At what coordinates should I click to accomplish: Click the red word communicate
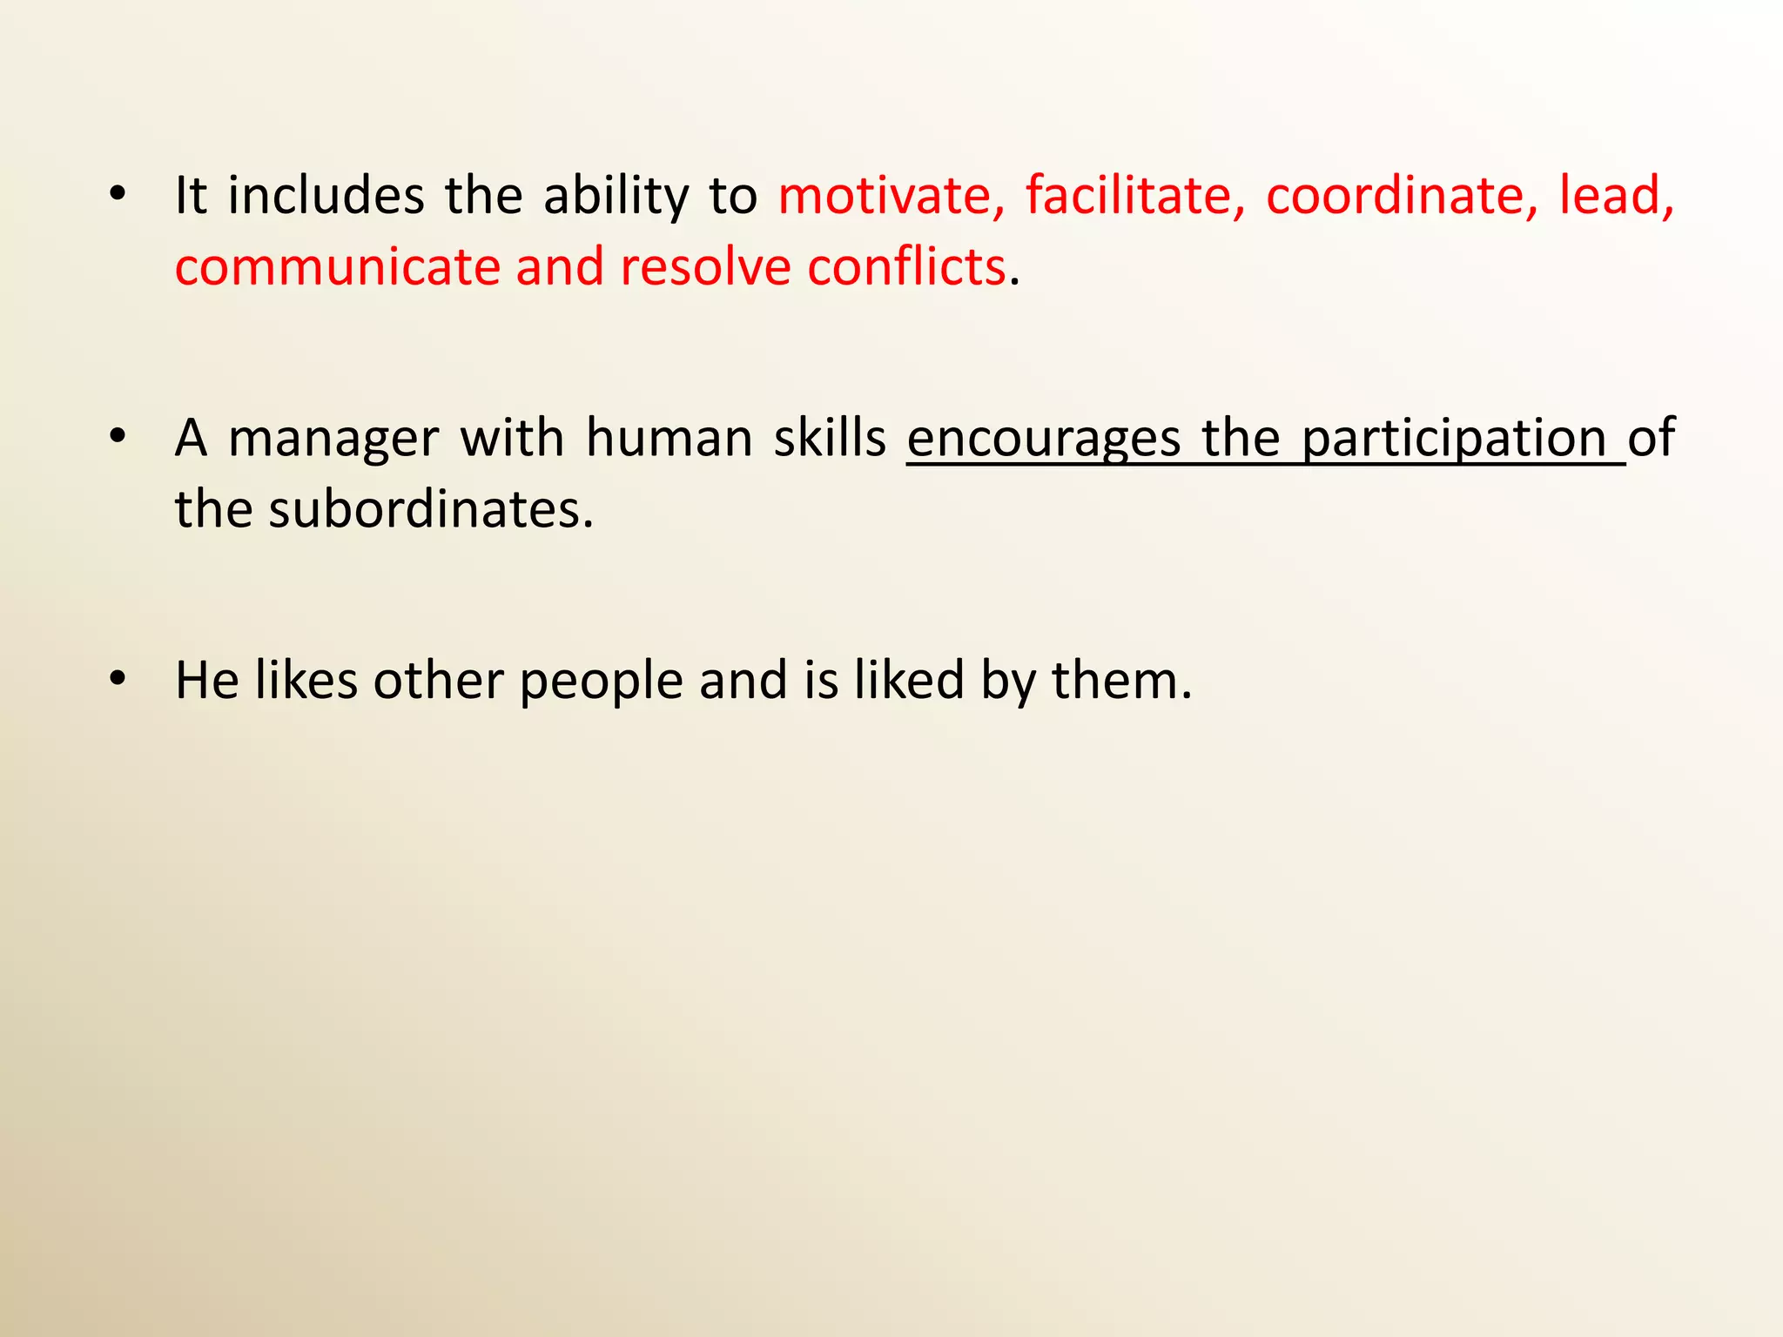[x=337, y=266]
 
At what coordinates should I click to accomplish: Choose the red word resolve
[x=705, y=266]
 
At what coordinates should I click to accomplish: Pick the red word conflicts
[x=906, y=266]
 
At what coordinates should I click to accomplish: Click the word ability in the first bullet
[x=616, y=197]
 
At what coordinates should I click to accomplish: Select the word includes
[x=326, y=195]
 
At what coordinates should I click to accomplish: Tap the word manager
[x=333, y=439]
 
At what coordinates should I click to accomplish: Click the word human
[x=669, y=437]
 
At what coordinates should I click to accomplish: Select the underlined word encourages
[x=1044, y=439]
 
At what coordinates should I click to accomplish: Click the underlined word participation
[x=1454, y=439]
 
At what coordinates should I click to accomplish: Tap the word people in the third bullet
[x=601, y=682]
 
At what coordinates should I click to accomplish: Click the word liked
[x=909, y=680]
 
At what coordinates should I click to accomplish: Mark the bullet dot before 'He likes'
[x=118, y=678]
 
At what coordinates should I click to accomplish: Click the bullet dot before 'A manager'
[x=118, y=435]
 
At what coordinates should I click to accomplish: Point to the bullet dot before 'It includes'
[x=118, y=193]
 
